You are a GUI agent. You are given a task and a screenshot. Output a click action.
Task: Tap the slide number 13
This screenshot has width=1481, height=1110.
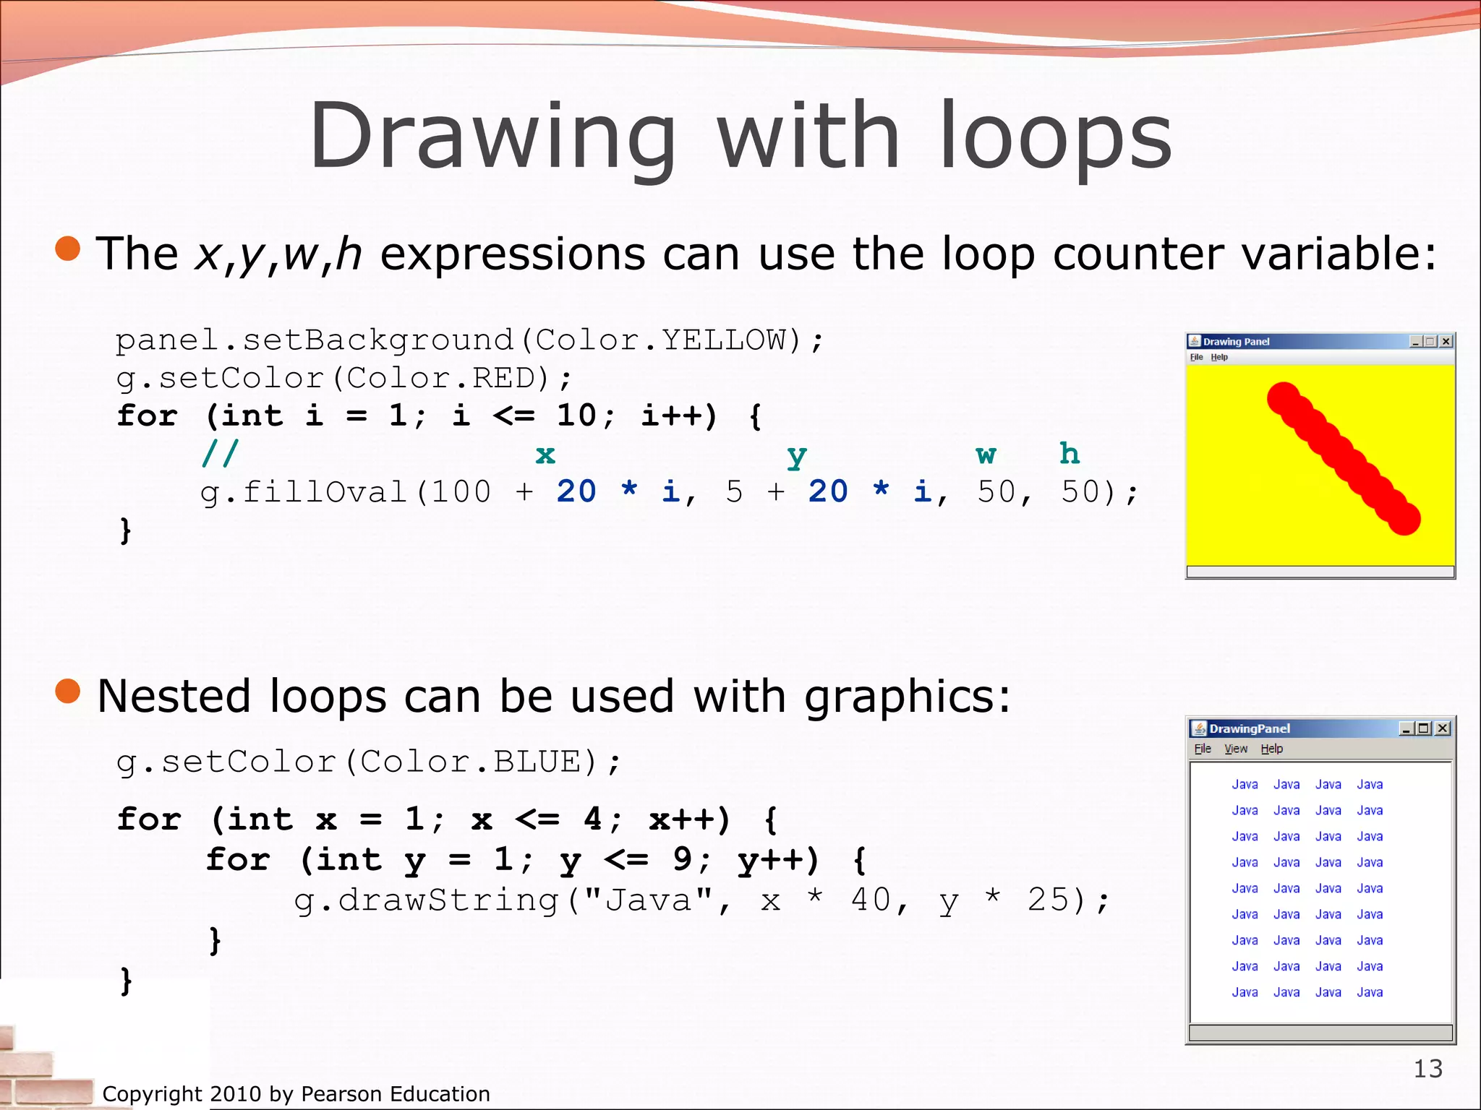[x=1427, y=1068]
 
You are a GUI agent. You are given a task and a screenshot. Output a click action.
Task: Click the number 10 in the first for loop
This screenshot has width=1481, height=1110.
[x=576, y=416]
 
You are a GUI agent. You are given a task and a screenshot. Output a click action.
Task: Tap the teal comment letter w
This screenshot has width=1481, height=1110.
[x=986, y=455]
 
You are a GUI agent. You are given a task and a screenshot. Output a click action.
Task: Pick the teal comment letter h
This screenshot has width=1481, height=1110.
[x=1070, y=454]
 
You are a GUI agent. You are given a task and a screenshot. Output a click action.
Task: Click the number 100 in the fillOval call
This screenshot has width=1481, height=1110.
[x=461, y=492]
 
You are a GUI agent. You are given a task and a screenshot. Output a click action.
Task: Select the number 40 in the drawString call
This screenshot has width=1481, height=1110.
[x=871, y=900]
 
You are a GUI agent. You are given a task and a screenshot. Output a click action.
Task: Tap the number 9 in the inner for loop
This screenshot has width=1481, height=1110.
[x=682, y=860]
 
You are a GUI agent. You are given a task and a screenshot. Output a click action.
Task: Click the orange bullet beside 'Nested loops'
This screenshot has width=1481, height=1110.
[x=68, y=691]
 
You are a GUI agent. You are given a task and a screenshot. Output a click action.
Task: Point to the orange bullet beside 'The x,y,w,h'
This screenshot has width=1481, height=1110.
[x=68, y=249]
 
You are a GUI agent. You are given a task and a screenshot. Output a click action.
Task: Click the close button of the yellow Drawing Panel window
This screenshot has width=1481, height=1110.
[x=1446, y=341]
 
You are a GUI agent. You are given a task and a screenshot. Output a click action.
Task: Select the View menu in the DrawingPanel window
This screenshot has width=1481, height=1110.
[x=1236, y=749]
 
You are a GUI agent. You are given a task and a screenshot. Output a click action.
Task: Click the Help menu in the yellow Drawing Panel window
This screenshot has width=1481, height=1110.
[x=1219, y=357]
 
